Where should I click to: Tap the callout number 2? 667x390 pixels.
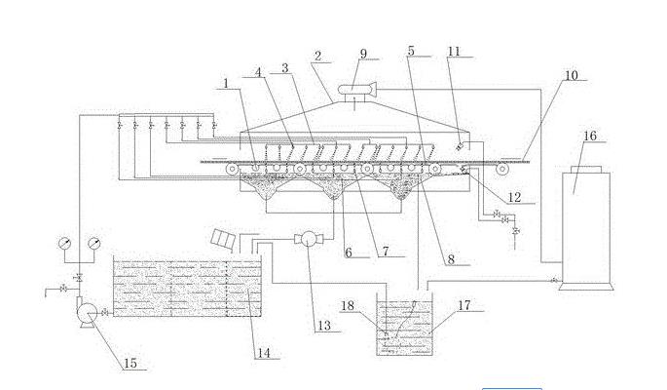click(x=318, y=57)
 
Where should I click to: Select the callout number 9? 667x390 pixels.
click(x=363, y=55)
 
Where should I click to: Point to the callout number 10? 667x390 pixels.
click(x=571, y=74)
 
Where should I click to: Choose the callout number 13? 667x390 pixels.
click(x=324, y=324)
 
